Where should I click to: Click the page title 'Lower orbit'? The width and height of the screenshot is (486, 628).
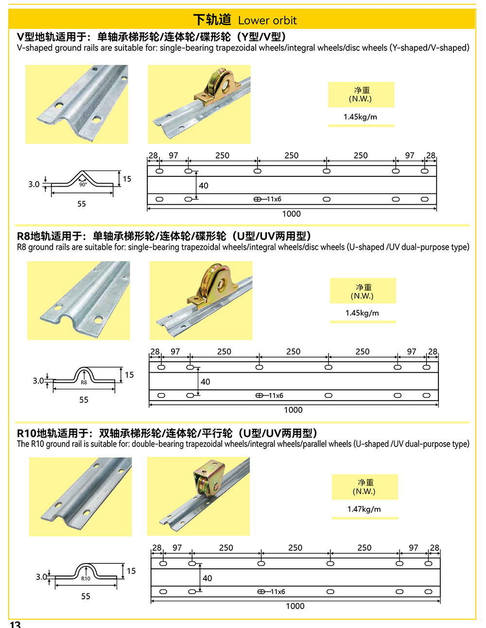pyautogui.click(x=267, y=20)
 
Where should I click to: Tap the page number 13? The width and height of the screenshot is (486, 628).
pyautogui.click(x=16, y=624)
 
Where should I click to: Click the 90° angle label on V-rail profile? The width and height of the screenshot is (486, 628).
pyautogui.click(x=83, y=185)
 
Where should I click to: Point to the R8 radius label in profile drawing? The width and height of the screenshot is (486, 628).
pyautogui.click(x=84, y=383)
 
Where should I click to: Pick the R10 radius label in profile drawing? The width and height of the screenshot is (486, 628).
pyautogui.click(x=86, y=578)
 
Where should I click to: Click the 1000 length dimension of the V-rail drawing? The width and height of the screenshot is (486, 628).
pyautogui.click(x=291, y=214)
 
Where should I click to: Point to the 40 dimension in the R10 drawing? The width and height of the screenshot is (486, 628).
pyautogui.click(x=207, y=578)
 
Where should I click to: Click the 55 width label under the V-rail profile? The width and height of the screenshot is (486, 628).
pyautogui.click(x=82, y=204)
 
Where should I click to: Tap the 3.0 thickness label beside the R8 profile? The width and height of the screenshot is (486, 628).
pyautogui.click(x=38, y=381)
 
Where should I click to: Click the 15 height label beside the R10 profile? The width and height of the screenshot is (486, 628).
pyautogui.click(x=131, y=571)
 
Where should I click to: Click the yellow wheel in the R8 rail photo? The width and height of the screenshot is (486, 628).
pyautogui.click(x=215, y=281)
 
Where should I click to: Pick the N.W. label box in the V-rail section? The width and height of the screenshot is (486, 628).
pyautogui.click(x=361, y=94)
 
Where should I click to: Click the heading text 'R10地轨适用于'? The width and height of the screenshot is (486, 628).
pyautogui.click(x=54, y=433)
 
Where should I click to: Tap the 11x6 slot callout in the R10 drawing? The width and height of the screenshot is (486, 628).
pyautogui.click(x=278, y=592)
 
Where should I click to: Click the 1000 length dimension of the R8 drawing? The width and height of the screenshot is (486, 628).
pyautogui.click(x=293, y=410)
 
